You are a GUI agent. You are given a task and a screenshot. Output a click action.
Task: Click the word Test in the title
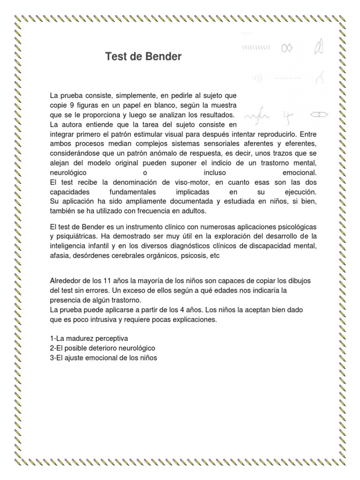pos(115,57)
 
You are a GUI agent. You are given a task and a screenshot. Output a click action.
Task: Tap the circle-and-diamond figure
pos(287,48)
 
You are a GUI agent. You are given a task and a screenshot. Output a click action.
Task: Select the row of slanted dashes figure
pos(256,48)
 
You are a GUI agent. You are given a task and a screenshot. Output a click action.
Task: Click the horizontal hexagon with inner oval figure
pos(320,114)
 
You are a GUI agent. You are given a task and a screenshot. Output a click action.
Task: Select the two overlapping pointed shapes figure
pos(320,47)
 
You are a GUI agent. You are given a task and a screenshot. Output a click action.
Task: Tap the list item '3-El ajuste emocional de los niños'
pos(103,358)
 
